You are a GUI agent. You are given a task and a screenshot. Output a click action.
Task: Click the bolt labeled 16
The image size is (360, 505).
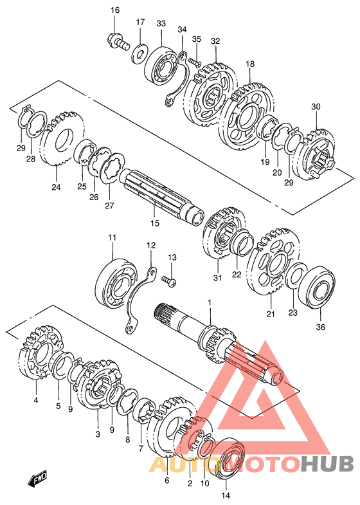[x=118, y=41]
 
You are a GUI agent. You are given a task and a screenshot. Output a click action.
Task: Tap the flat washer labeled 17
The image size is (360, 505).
[x=139, y=53]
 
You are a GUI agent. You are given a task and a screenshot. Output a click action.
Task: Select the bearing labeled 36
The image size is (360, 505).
[x=316, y=285]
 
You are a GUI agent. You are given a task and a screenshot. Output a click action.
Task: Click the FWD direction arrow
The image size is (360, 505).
[x=38, y=479]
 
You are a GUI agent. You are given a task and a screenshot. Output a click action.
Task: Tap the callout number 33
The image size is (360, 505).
[x=161, y=23]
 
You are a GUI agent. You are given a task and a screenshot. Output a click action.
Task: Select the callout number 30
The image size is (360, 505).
[x=316, y=107]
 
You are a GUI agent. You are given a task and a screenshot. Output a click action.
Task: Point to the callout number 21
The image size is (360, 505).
[x=271, y=313]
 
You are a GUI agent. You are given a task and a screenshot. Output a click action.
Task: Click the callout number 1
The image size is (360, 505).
[x=210, y=302]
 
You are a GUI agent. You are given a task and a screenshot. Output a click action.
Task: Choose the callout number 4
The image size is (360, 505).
[x=36, y=400]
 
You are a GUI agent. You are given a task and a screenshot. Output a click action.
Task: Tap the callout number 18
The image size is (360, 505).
[x=250, y=64]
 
